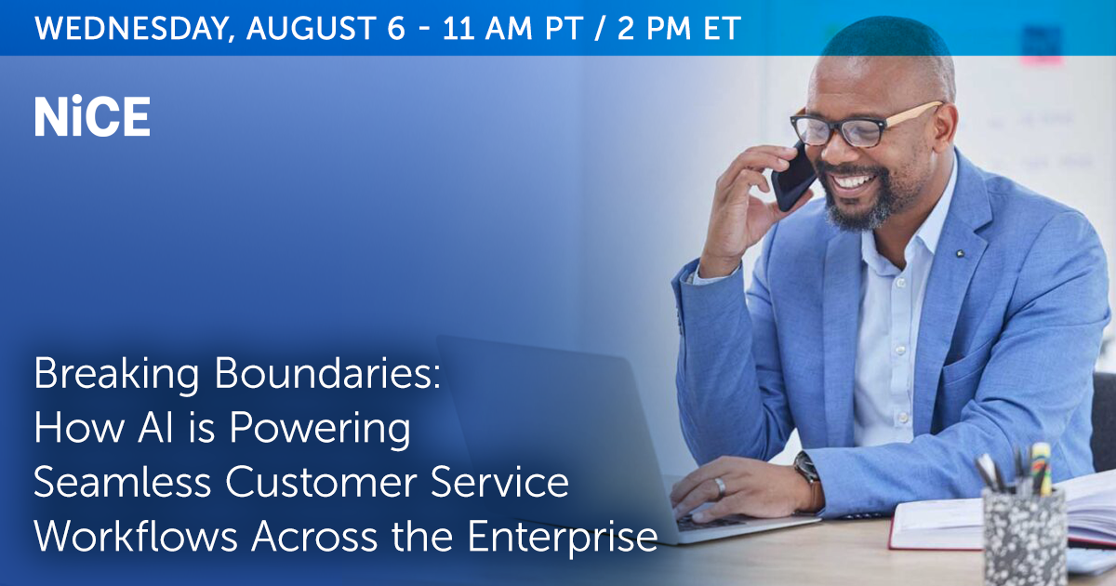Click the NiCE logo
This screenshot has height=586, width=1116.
(92, 116)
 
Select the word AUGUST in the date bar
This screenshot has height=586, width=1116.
(311, 28)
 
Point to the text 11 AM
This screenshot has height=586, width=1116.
(487, 28)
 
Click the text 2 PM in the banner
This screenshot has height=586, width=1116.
(654, 28)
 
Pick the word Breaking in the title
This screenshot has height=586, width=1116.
(116, 376)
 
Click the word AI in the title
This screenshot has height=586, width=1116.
(156, 428)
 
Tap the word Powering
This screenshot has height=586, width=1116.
(320, 430)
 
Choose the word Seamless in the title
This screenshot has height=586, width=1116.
(123, 482)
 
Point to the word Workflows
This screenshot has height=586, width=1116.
(136, 536)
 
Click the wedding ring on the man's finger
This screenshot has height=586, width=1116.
(720, 487)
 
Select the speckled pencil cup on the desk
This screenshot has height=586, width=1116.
(1024, 536)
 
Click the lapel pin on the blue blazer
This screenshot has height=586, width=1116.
(960, 254)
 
